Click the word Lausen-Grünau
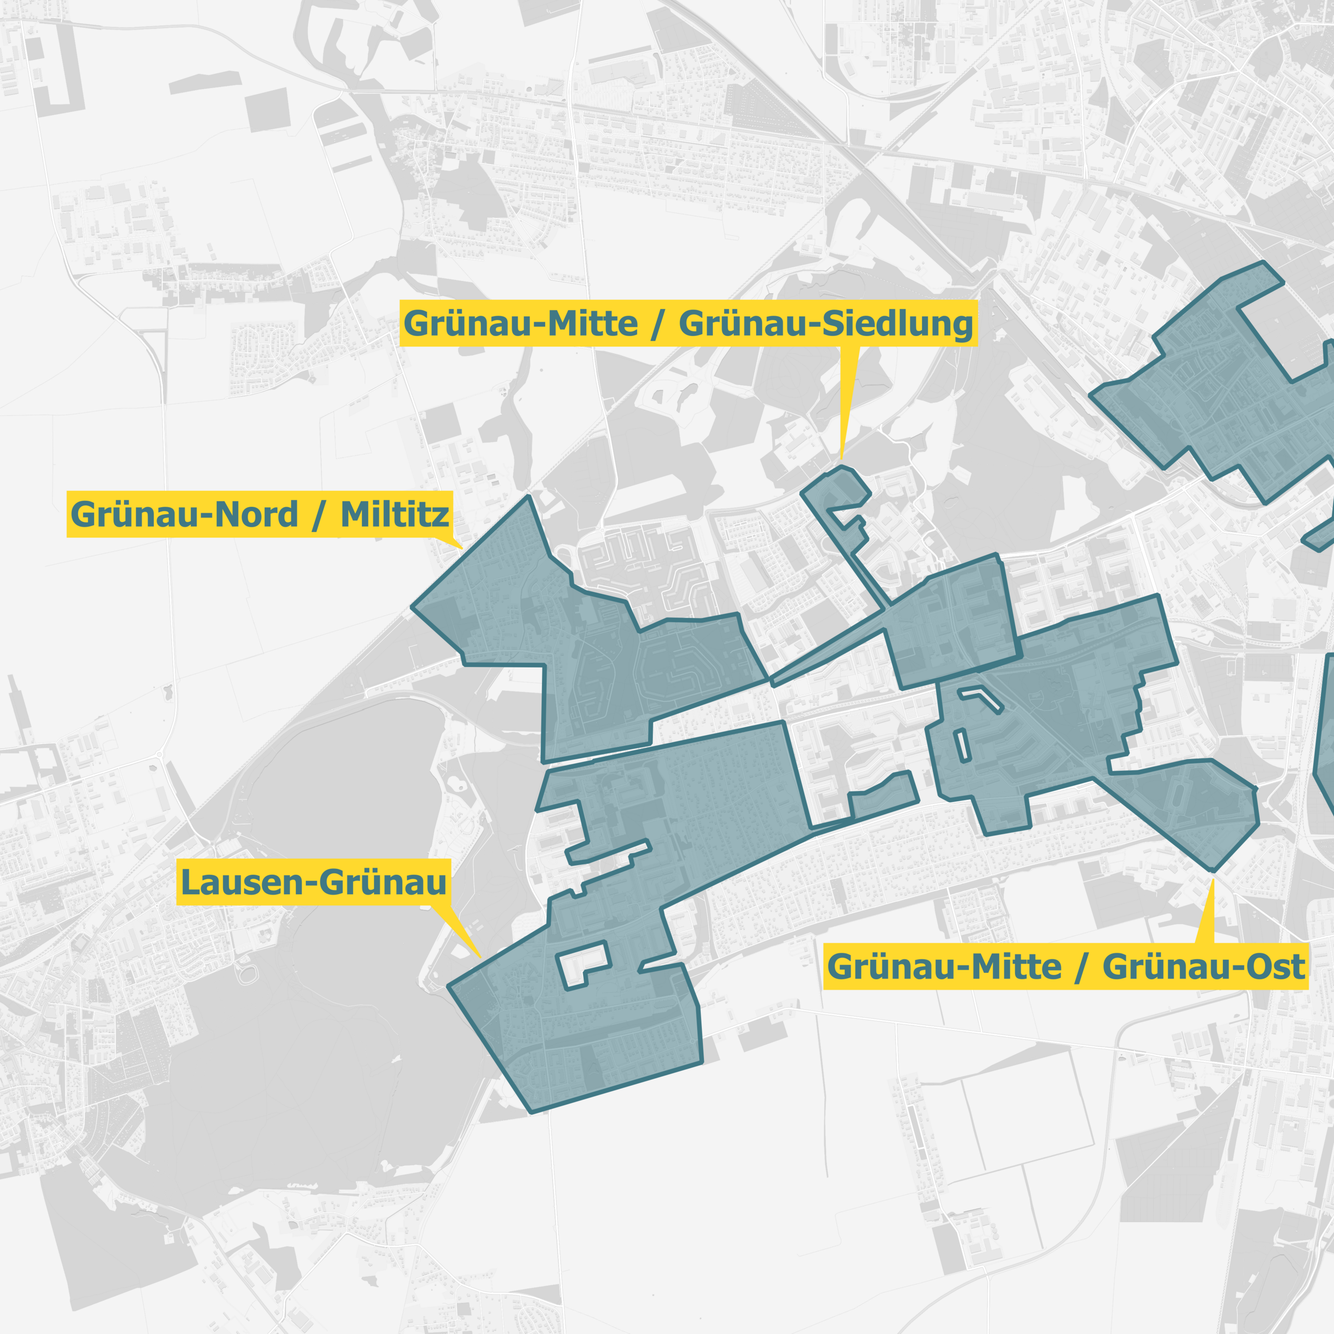314,882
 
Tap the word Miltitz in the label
394,514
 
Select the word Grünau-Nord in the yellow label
184,514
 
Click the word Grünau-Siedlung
826,324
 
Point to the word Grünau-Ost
1204,967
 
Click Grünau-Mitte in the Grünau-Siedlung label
521,324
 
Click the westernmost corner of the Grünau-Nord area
413,608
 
